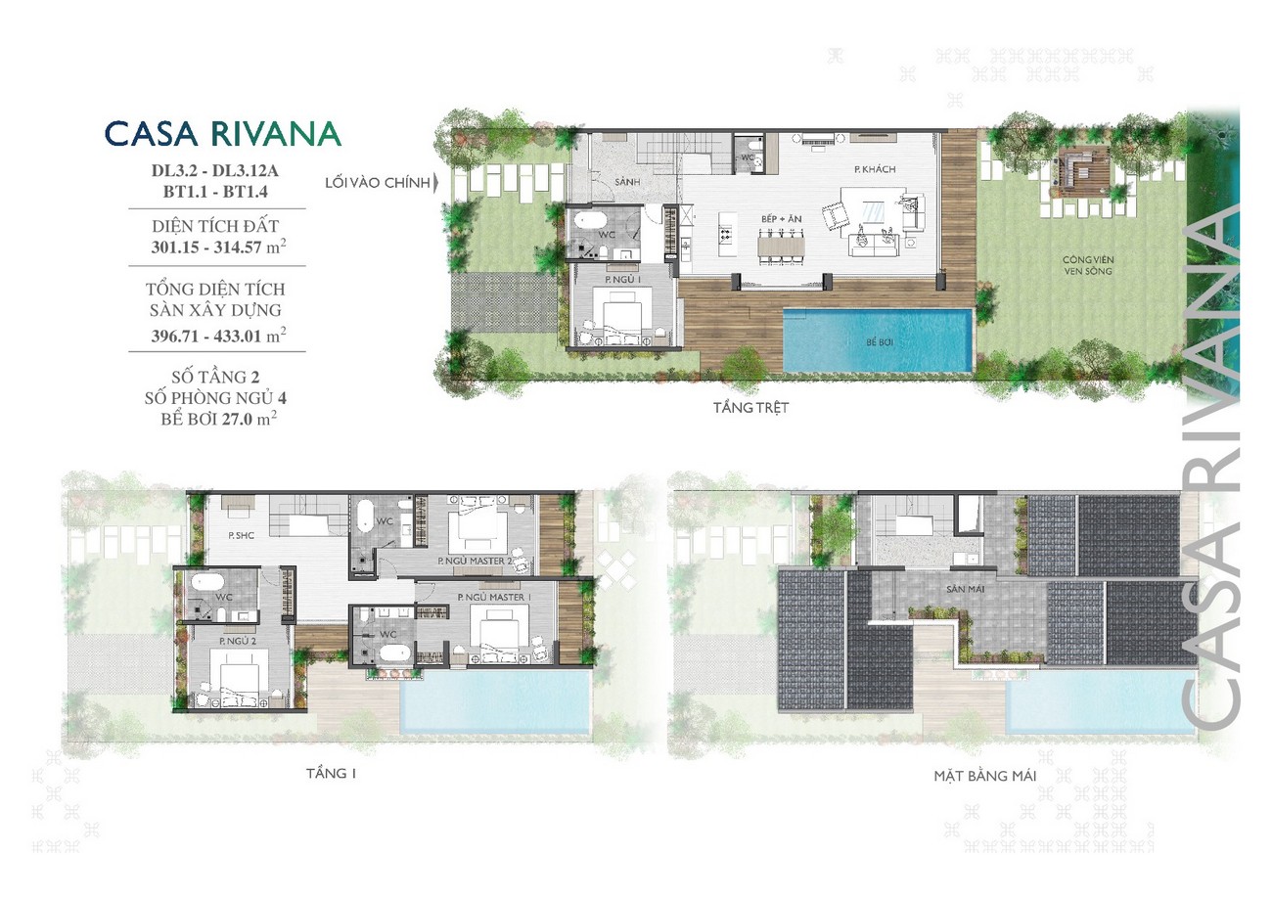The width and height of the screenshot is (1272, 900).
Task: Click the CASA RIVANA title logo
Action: (x=223, y=134)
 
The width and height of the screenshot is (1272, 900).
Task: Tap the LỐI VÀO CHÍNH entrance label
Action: (x=378, y=183)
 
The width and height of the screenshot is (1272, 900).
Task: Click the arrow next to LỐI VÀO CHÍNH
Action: (x=436, y=183)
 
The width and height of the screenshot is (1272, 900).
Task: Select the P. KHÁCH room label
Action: (x=875, y=169)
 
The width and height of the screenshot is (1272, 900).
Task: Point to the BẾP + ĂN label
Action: (x=782, y=219)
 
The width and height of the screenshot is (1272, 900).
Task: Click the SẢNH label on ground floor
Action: (x=627, y=182)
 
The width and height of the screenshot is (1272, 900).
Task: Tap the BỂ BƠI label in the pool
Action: (x=879, y=342)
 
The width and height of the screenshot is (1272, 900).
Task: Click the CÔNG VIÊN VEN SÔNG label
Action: (x=1088, y=265)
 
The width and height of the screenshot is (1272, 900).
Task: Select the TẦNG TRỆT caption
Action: (x=751, y=408)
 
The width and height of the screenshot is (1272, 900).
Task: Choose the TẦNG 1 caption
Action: (x=331, y=774)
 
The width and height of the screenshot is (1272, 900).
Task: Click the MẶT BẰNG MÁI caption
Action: (x=985, y=776)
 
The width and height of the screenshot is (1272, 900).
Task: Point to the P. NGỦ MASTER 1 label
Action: (x=494, y=598)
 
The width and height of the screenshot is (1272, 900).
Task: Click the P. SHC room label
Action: (x=242, y=535)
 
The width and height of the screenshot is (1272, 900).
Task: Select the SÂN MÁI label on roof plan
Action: (x=966, y=589)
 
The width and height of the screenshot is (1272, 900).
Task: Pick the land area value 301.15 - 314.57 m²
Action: (x=218, y=247)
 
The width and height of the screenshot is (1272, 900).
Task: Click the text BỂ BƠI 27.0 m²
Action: (x=218, y=420)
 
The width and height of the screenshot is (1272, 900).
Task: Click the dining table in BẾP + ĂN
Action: (x=781, y=246)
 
